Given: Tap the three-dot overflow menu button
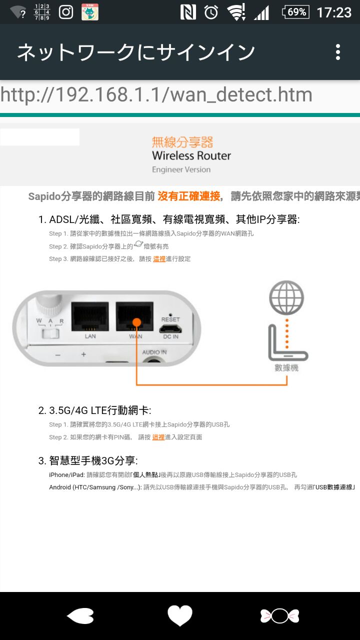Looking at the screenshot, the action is click(x=338, y=52).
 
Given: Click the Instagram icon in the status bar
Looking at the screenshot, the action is click(x=66, y=12).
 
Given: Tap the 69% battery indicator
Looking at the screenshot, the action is click(x=295, y=12).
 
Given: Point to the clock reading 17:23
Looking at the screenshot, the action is click(x=334, y=12).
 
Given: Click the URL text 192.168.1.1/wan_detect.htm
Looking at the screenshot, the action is click(x=183, y=94).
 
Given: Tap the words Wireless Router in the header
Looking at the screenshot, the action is click(x=191, y=155).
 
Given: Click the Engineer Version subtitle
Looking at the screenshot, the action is click(x=181, y=169).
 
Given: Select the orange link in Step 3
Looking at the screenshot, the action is click(x=159, y=259).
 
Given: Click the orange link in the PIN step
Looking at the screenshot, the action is click(x=158, y=437).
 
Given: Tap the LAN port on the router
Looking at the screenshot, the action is click(x=90, y=316).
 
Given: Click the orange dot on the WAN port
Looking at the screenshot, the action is click(x=137, y=322).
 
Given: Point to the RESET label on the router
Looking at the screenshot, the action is click(x=170, y=319).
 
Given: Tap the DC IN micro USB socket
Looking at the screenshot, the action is click(x=170, y=329).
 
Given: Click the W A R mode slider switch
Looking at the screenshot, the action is click(x=50, y=333).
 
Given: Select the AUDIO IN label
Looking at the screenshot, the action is click(x=154, y=352).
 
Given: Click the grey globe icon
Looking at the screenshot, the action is click(x=286, y=297).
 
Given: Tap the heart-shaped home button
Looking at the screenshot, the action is click(x=180, y=615).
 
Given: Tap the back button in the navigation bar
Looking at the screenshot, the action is click(x=80, y=615).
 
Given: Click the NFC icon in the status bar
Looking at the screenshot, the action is click(x=188, y=12).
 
